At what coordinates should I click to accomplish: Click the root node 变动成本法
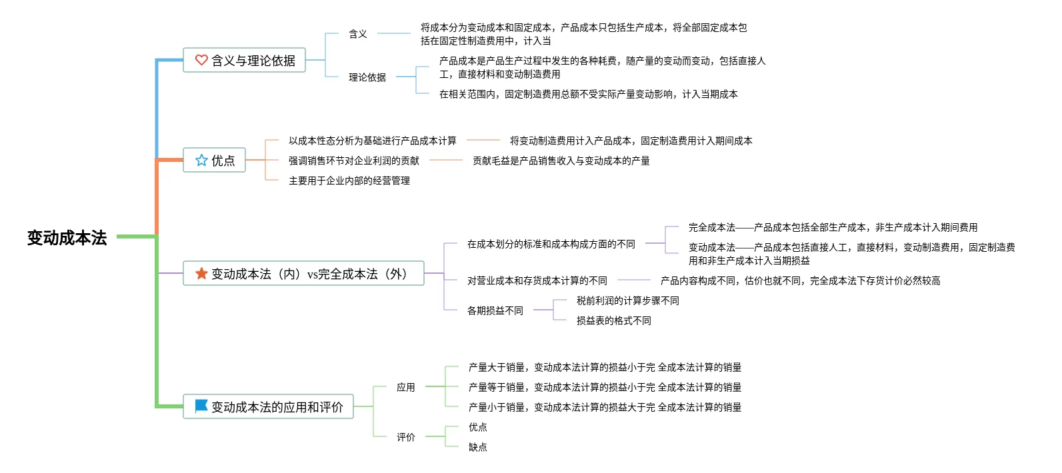click(x=67, y=237)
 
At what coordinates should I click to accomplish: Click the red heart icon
click(x=201, y=60)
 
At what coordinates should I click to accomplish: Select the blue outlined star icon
click(x=201, y=160)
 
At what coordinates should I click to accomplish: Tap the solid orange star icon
click(x=201, y=273)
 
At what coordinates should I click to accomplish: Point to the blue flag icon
click(x=201, y=406)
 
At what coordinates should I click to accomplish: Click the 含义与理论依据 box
click(x=244, y=60)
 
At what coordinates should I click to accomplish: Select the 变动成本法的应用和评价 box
click(x=269, y=406)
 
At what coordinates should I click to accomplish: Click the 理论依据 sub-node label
click(x=367, y=77)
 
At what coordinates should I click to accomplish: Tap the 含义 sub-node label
click(x=358, y=34)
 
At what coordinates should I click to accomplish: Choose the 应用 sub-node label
click(x=406, y=387)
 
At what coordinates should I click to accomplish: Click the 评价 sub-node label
click(x=406, y=437)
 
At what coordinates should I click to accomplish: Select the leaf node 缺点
click(x=478, y=447)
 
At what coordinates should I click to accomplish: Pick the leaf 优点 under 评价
click(x=478, y=427)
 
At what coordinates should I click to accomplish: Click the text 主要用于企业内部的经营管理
click(x=349, y=181)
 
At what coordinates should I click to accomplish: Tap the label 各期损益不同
click(x=495, y=310)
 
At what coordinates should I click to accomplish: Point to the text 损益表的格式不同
click(x=614, y=321)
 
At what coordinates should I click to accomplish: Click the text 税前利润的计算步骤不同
click(x=628, y=301)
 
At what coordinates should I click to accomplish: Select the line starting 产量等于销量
click(x=605, y=387)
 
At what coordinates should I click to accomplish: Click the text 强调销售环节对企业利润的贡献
click(x=354, y=161)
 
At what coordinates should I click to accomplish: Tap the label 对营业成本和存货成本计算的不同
click(x=537, y=280)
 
